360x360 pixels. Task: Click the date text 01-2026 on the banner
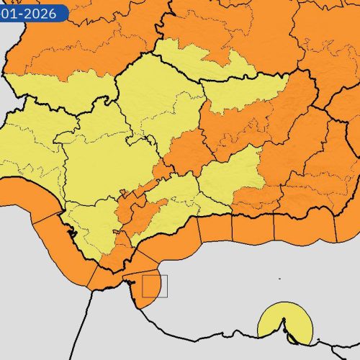33,12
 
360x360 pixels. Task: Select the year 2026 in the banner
45,12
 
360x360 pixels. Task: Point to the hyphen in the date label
22,12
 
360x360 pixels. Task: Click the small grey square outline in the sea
154,286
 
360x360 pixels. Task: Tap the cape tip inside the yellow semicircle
289,335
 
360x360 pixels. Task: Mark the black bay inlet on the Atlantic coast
70,231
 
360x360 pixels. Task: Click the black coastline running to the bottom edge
90,324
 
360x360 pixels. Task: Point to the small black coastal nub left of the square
132,285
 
